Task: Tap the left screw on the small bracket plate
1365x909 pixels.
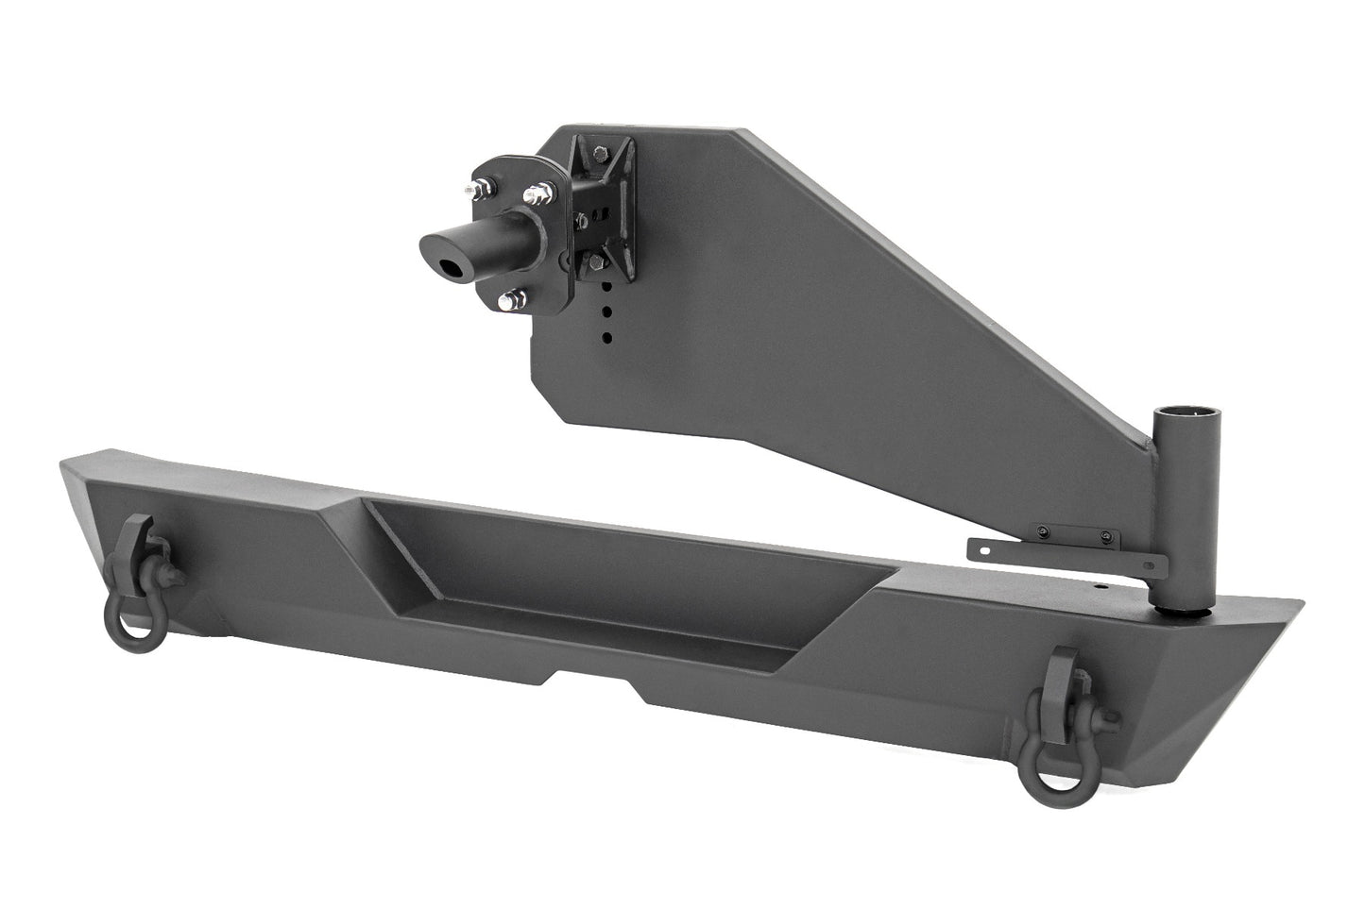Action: pos(1041,530)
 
